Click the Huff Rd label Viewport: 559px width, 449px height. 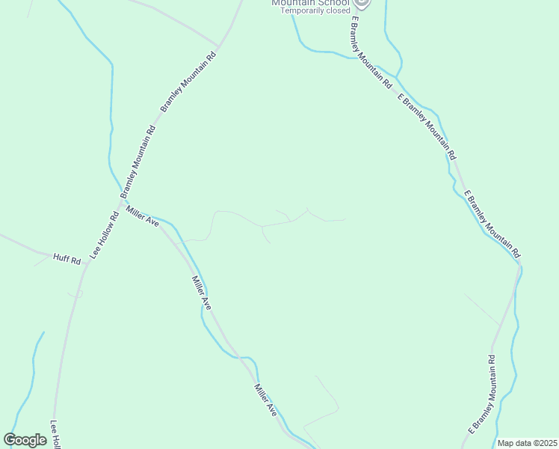[x=67, y=258]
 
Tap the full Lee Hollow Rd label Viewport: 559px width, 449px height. [x=105, y=236]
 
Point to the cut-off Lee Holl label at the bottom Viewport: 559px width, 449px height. [x=55, y=434]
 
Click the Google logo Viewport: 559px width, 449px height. [x=25, y=440]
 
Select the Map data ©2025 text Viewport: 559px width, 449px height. [x=528, y=443]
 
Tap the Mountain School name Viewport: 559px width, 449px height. [x=309, y=3]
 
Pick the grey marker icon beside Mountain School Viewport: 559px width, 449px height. [x=361, y=3]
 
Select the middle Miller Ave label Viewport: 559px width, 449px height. [x=201, y=293]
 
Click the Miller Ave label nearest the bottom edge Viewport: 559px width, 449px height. [x=265, y=401]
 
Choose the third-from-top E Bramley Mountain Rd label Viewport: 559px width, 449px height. [x=491, y=223]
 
